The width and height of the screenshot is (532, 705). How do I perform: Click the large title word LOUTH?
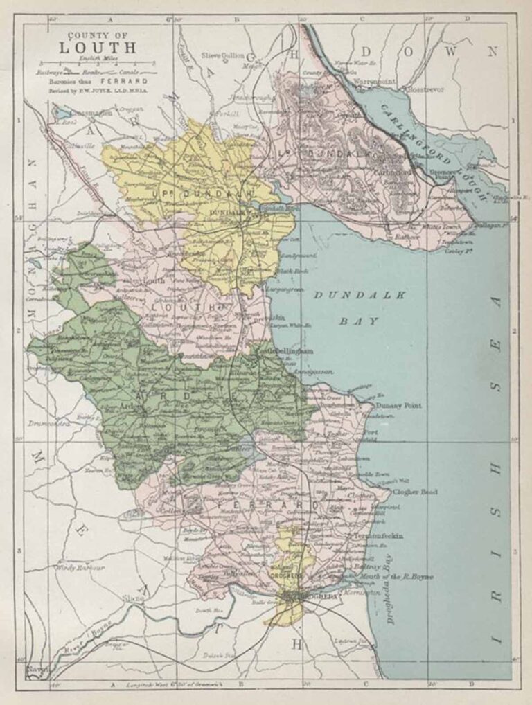point(98,48)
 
